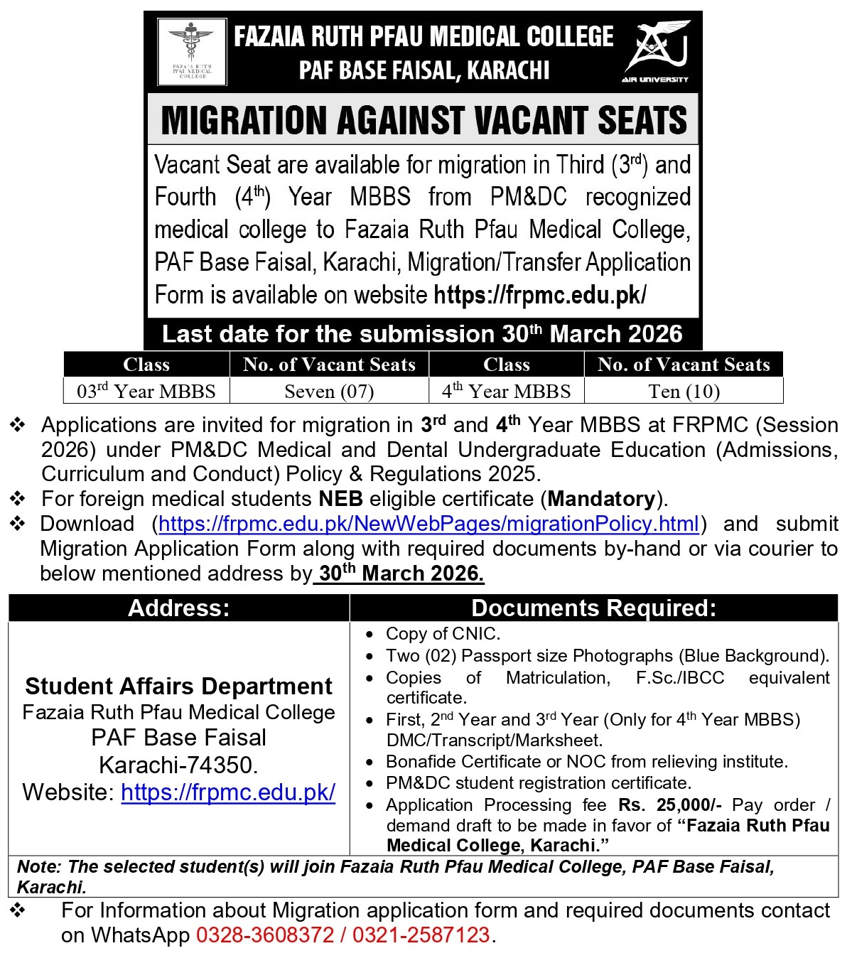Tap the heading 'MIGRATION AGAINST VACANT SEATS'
click(424, 120)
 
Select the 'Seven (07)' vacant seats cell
click(329, 392)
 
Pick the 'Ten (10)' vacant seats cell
click(684, 392)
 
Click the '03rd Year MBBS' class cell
click(146, 392)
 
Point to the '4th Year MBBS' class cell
click(506, 392)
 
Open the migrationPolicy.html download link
click(428, 524)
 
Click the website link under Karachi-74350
click(228, 792)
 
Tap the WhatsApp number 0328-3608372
click(265, 935)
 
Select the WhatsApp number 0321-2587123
click(421, 935)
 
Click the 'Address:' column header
click(179, 608)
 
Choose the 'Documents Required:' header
click(593, 608)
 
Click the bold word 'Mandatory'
click(601, 499)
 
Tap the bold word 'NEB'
click(341, 499)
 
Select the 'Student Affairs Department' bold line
click(179, 687)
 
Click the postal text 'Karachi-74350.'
click(179, 765)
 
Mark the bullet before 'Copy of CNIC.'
click(370, 634)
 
